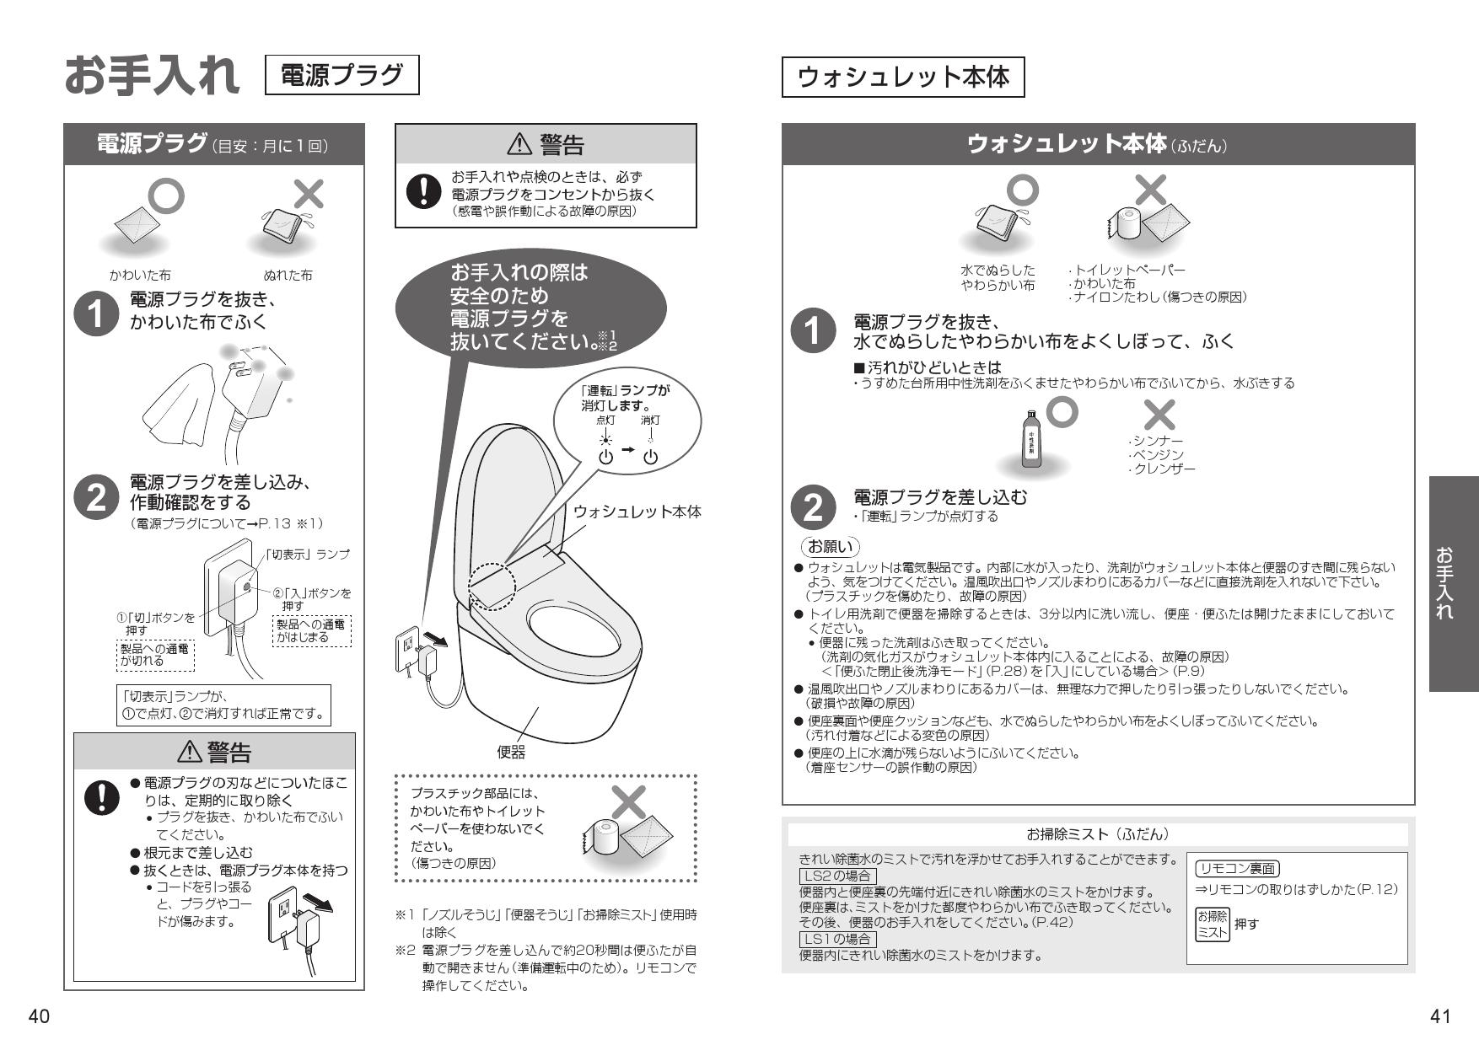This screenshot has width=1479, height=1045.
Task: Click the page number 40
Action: point(38,1016)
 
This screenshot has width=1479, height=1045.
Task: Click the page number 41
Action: point(1440,1016)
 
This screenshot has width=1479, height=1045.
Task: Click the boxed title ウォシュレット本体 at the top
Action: point(902,78)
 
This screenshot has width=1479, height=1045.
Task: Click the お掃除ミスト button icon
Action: point(1212,924)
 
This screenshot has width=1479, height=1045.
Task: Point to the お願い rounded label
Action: point(831,547)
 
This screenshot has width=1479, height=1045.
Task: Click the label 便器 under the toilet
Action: point(510,753)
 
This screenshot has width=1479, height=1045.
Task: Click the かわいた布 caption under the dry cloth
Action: point(140,276)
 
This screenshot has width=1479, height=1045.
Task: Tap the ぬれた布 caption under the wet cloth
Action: point(288,276)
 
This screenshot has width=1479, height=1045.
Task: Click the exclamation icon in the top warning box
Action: point(419,191)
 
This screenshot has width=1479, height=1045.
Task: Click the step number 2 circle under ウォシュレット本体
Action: point(812,508)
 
